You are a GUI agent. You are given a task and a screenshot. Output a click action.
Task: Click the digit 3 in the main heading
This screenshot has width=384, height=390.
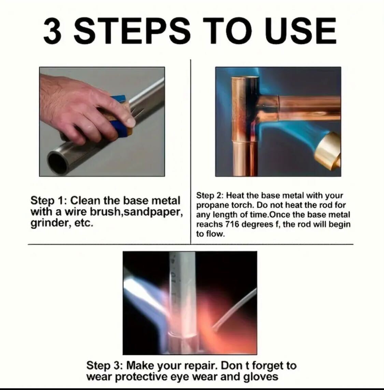click(53, 31)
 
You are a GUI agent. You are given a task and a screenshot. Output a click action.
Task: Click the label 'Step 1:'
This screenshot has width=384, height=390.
click(49, 201)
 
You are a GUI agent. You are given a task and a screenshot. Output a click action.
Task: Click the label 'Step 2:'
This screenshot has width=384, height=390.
click(210, 196)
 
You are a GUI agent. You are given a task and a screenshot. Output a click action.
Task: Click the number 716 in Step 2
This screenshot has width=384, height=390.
click(232, 224)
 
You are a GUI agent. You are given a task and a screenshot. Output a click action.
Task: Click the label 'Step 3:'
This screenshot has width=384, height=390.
click(104, 366)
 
